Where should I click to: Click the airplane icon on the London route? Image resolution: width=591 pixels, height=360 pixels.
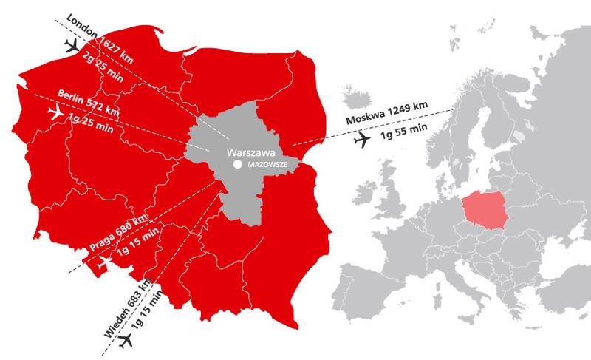(x=72, y=47)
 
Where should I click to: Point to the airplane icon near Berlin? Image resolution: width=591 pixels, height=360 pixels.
(x=55, y=112)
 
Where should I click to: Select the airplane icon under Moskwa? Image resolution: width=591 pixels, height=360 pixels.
(x=363, y=139)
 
